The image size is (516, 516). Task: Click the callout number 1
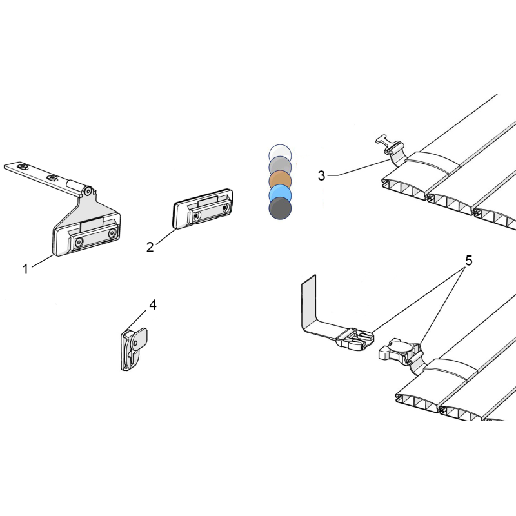(x=25, y=269)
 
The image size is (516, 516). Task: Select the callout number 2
(x=150, y=247)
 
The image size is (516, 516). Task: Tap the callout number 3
(x=321, y=175)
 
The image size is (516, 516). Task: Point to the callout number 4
(x=153, y=305)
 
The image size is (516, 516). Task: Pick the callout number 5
(x=469, y=261)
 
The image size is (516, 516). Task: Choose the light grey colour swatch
(x=280, y=166)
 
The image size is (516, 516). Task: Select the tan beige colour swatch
(x=280, y=179)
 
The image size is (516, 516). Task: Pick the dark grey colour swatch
(x=280, y=208)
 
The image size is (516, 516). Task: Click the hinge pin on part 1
(x=88, y=190)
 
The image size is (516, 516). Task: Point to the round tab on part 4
(x=140, y=339)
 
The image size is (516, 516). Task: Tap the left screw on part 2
(x=197, y=215)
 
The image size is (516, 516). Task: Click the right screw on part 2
(x=225, y=208)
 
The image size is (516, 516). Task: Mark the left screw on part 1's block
(x=79, y=243)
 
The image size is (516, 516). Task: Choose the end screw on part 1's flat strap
(x=23, y=166)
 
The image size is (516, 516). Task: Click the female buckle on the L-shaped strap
(x=355, y=339)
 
